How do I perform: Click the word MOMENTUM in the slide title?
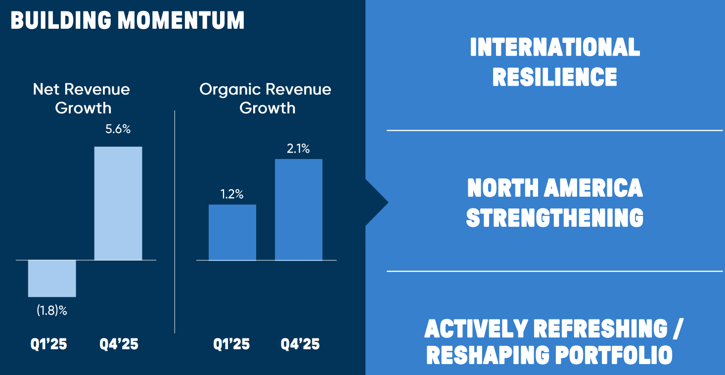pyautogui.click(x=181, y=21)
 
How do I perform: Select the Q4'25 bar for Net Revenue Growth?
pyautogui.click(x=118, y=203)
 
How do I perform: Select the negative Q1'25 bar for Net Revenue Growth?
pyautogui.click(x=52, y=278)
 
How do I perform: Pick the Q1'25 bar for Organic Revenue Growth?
pyautogui.click(x=232, y=232)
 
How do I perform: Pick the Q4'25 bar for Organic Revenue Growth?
pyautogui.click(x=299, y=210)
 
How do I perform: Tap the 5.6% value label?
pyautogui.click(x=118, y=130)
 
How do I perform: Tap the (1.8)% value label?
pyautogui.click(x=52, y=311)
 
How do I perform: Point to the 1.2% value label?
pyautogui.click(x=232, y=194)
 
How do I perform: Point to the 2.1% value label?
pyautogui.click(x=298, y=149)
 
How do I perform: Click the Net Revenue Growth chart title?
pyautogui.click(x=82, y=98)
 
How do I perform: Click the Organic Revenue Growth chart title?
pyautogui.click(x=266, y=98)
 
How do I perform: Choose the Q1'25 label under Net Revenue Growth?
pyautogui.click(x=49, y=344)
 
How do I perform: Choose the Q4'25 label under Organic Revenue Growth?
pyautogui.click(x=300, y=344)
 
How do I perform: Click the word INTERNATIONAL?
pyautogui.click(x=555, y=48)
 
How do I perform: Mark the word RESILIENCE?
pyautogui.click(x=555, y=77)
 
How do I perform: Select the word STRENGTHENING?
pyautogui.click(x=555, y=218)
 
